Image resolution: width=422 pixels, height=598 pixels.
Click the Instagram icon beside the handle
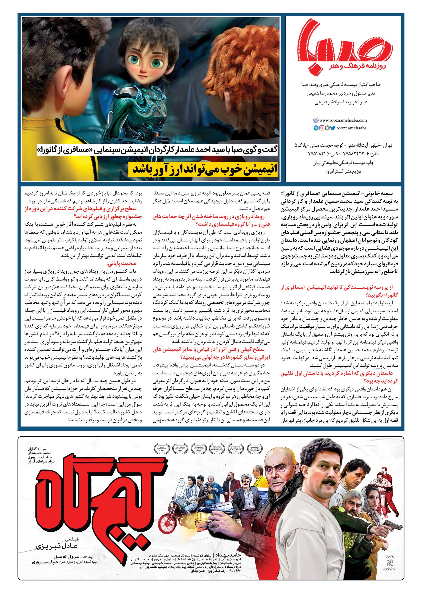(322, 128)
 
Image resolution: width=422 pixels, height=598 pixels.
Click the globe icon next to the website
(316, 120)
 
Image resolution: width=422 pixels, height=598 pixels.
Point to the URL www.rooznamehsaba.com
(343, 120)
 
